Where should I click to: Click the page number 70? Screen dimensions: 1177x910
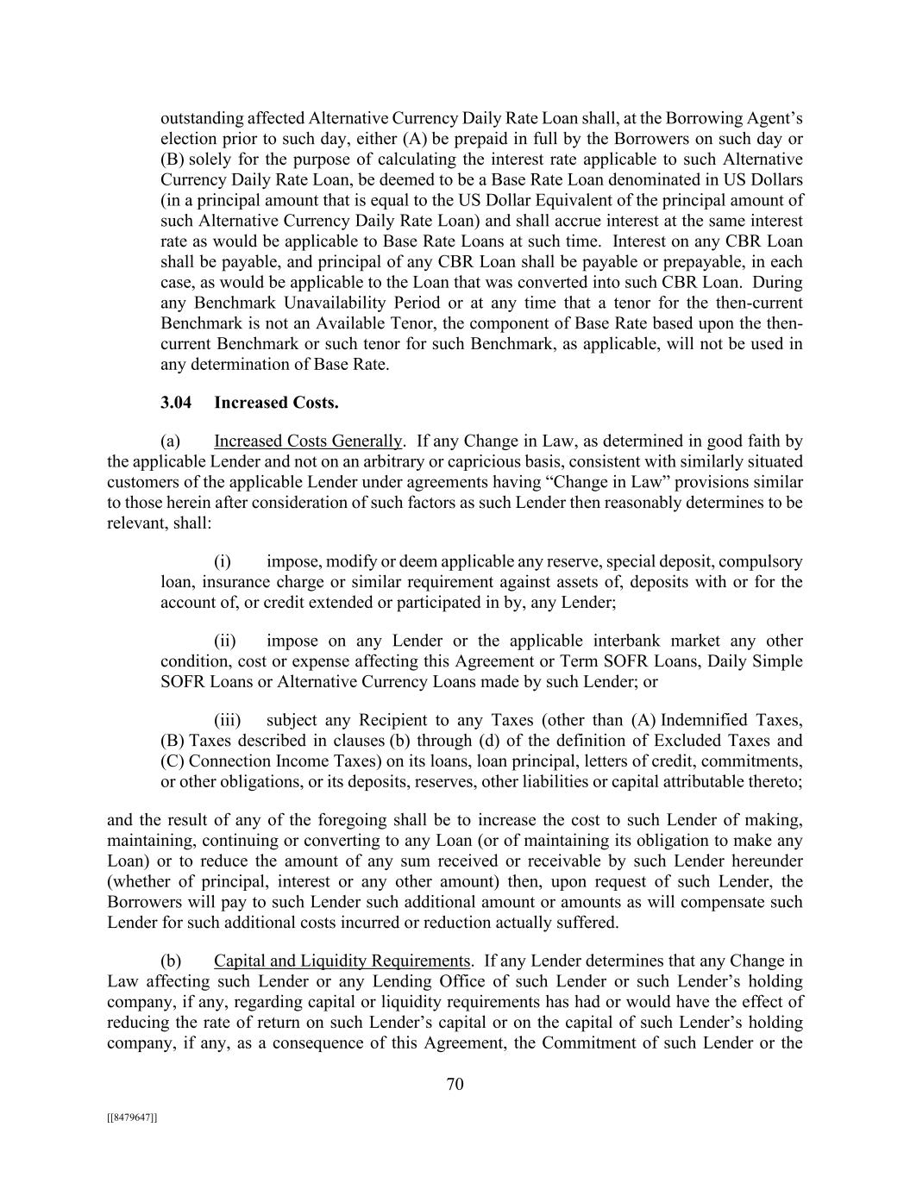coord(455,1085)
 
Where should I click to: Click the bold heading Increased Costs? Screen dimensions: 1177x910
coord(276,403)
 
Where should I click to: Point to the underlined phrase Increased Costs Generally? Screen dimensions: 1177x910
coord(308,441)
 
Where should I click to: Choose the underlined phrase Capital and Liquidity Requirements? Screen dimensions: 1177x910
coord(342,961)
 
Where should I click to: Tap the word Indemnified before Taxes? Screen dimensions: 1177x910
coord(706,721)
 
